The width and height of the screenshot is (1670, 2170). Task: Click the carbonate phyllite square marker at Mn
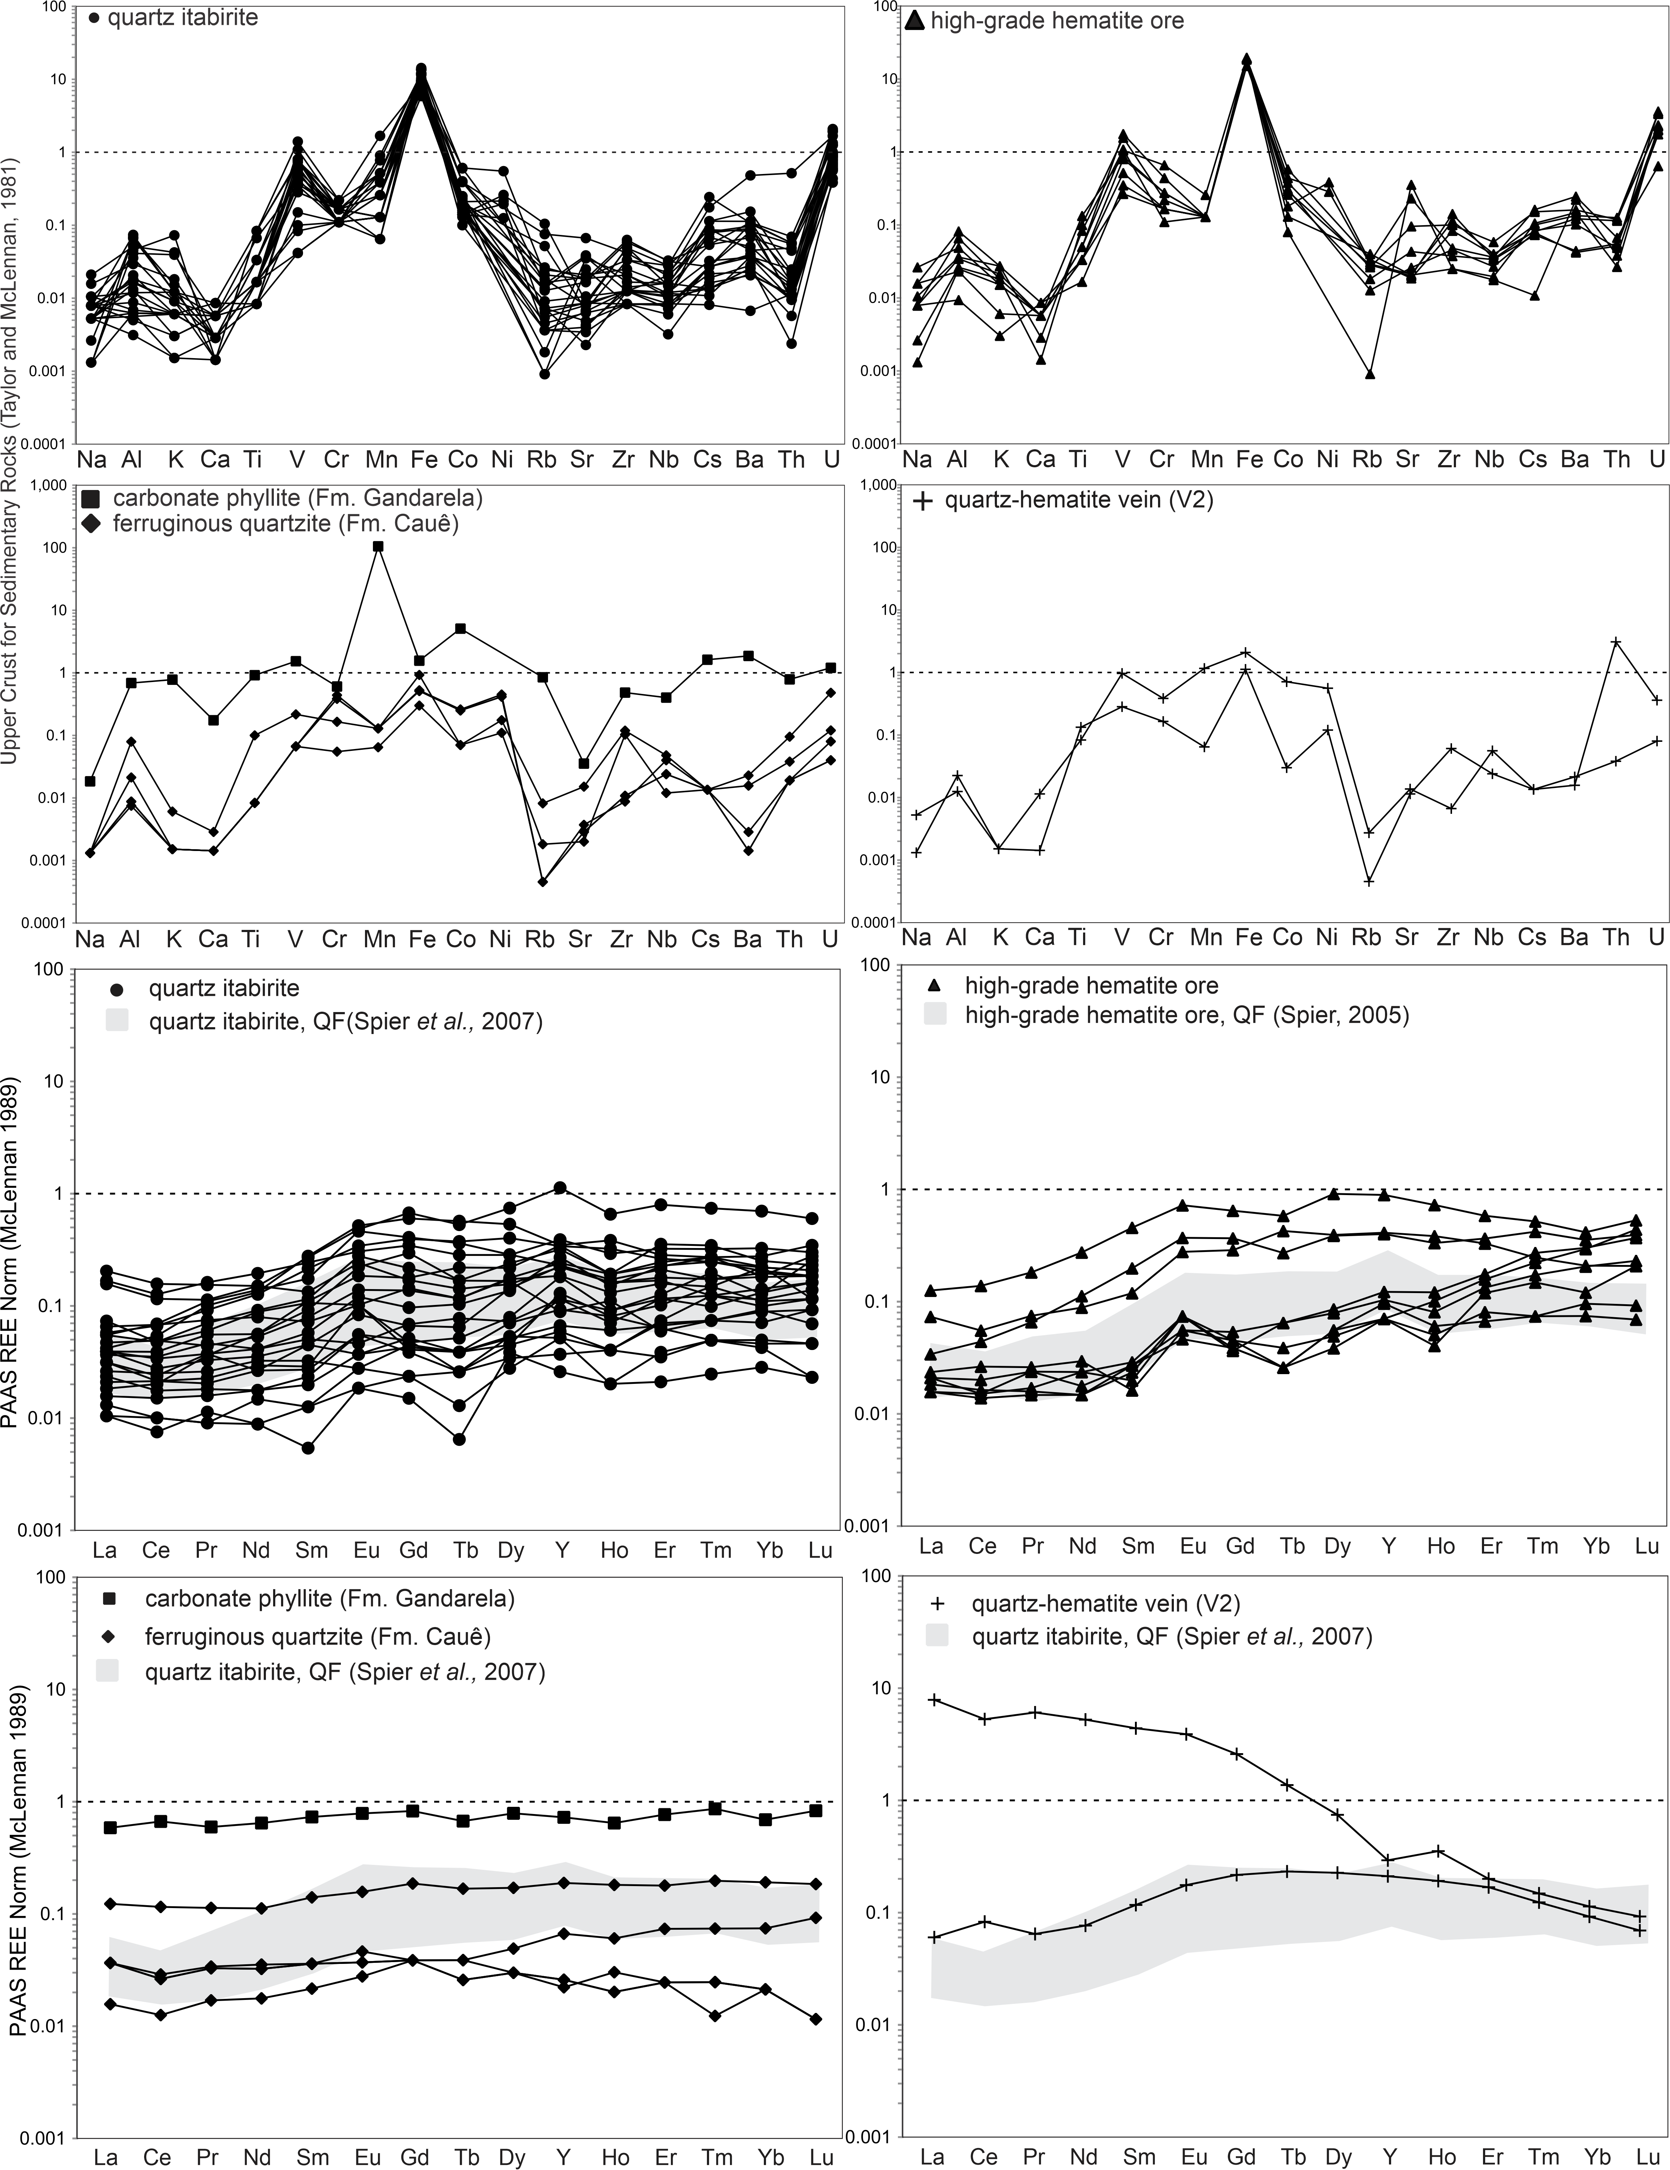(379, 547)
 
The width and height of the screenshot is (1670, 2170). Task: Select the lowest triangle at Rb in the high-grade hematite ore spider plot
(1370, 374)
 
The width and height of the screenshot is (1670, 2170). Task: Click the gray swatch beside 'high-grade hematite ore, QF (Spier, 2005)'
(940, 1015)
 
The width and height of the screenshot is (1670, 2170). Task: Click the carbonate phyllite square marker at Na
(90, 781)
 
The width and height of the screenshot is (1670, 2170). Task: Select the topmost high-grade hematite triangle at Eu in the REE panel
(1182, 1205)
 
